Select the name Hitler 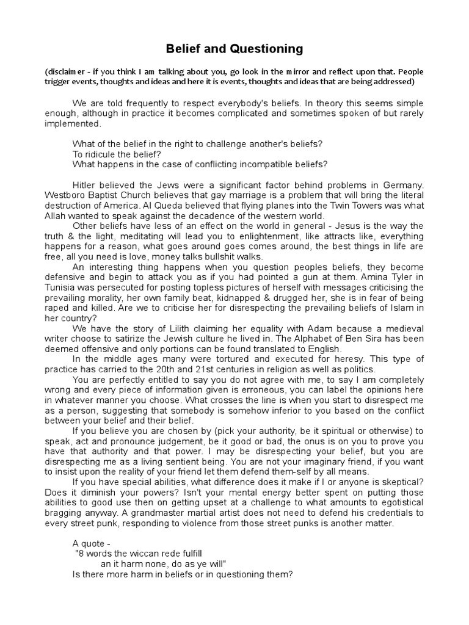tap(85, 185)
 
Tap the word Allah tap(57, 216)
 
